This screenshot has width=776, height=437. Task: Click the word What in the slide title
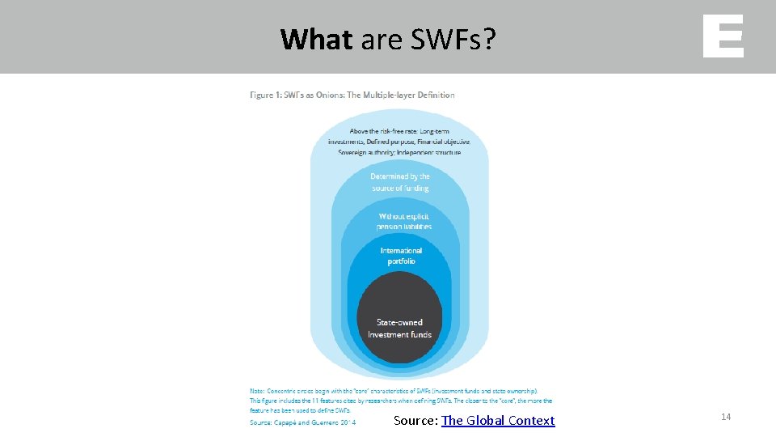(x=316, y=38)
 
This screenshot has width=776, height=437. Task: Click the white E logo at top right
(x=723, y=36)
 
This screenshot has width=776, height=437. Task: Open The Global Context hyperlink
(x=498, y=420)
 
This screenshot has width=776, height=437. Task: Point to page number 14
(x=725, y=417)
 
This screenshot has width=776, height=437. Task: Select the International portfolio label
(x=401, y=256)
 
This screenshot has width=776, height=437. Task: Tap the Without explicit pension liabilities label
(x=403, y=221)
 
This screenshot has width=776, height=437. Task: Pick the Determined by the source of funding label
(x=400, y=182)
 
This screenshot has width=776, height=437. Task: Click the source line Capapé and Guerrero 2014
(x=315, y=422)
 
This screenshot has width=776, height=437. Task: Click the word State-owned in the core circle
(x=399, y=322)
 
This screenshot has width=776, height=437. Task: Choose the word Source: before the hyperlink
(x=415, y=420)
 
